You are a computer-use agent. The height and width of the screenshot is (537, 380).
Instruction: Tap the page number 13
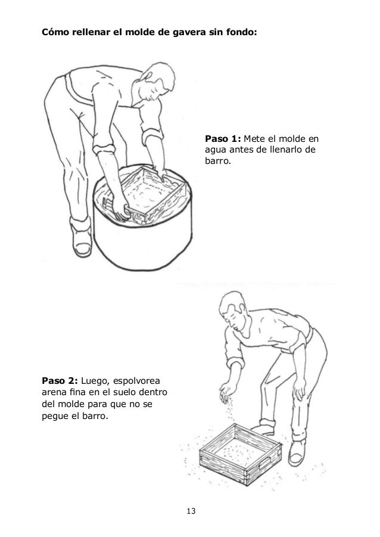tap(191, 511)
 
